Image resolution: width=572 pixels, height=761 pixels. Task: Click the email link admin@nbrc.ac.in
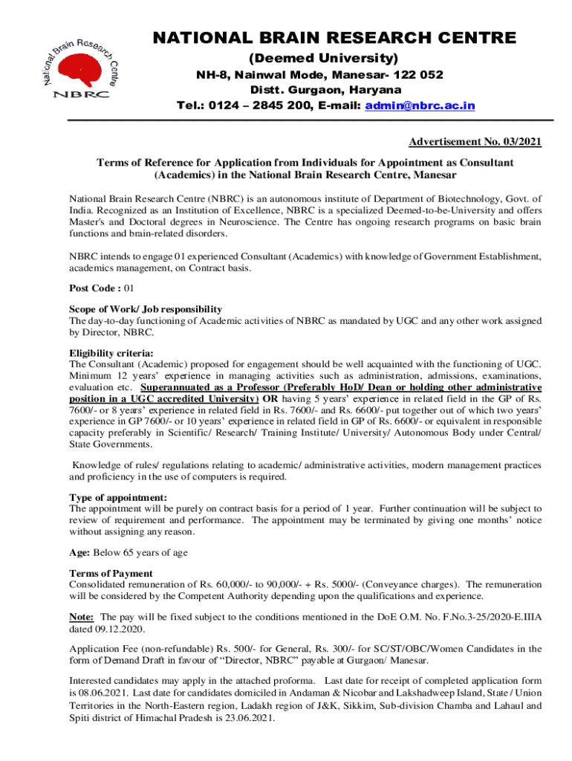(x=420, y=106)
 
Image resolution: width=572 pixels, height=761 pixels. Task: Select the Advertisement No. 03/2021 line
(x=475, y=142)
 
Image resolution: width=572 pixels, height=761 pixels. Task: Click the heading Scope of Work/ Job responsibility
(x=146, y=309)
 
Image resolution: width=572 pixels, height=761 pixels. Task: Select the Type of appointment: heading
(x=118, y=497)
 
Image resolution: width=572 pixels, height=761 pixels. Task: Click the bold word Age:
(x=80, y=552)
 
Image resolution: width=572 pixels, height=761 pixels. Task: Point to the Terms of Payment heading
(x=111, y=573)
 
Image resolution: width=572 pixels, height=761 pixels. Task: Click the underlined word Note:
(x=81, y=617)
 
